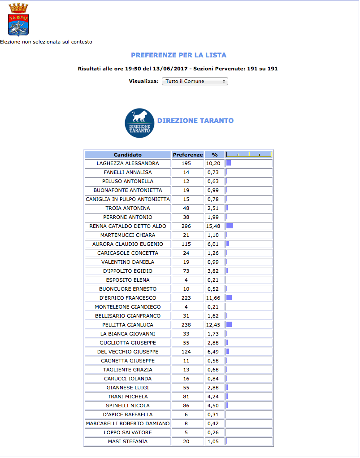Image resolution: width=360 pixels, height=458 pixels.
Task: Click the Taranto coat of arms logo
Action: [x=18, y=20]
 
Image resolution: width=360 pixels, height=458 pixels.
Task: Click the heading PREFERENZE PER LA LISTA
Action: [x=178, y=55]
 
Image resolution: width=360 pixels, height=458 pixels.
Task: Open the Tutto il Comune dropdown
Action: [x=195, y=81]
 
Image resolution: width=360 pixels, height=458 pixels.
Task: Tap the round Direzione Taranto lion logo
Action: [x=139, y=123]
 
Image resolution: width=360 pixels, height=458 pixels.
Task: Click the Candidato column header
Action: [x=128, y=154]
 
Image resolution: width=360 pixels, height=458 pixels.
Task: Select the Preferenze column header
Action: [x=188, y=154]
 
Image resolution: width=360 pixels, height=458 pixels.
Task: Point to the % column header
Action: [x=215, y=154]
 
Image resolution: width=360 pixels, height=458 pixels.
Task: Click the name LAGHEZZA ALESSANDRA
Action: [x=128, y=163]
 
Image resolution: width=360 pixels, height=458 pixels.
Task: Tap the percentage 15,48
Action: [x=213, y=226]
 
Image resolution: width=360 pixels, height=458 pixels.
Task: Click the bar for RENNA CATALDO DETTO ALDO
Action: [x=230, y=226]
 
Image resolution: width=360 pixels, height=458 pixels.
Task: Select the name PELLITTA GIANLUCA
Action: [x=128, y=325]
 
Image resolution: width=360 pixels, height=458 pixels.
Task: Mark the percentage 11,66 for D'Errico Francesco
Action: [x=213, y=298]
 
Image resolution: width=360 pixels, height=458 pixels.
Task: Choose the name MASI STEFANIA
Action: [x=128, y=441]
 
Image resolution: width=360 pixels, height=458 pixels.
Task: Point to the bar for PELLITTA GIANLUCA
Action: [x=229, y=325]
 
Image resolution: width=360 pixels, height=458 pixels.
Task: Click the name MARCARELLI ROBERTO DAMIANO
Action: [x=128, y=423]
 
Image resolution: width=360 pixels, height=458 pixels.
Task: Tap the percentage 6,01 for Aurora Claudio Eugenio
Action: [x=213, y=244]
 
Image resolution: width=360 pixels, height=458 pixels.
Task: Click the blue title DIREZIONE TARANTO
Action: [x=195, y=121]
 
